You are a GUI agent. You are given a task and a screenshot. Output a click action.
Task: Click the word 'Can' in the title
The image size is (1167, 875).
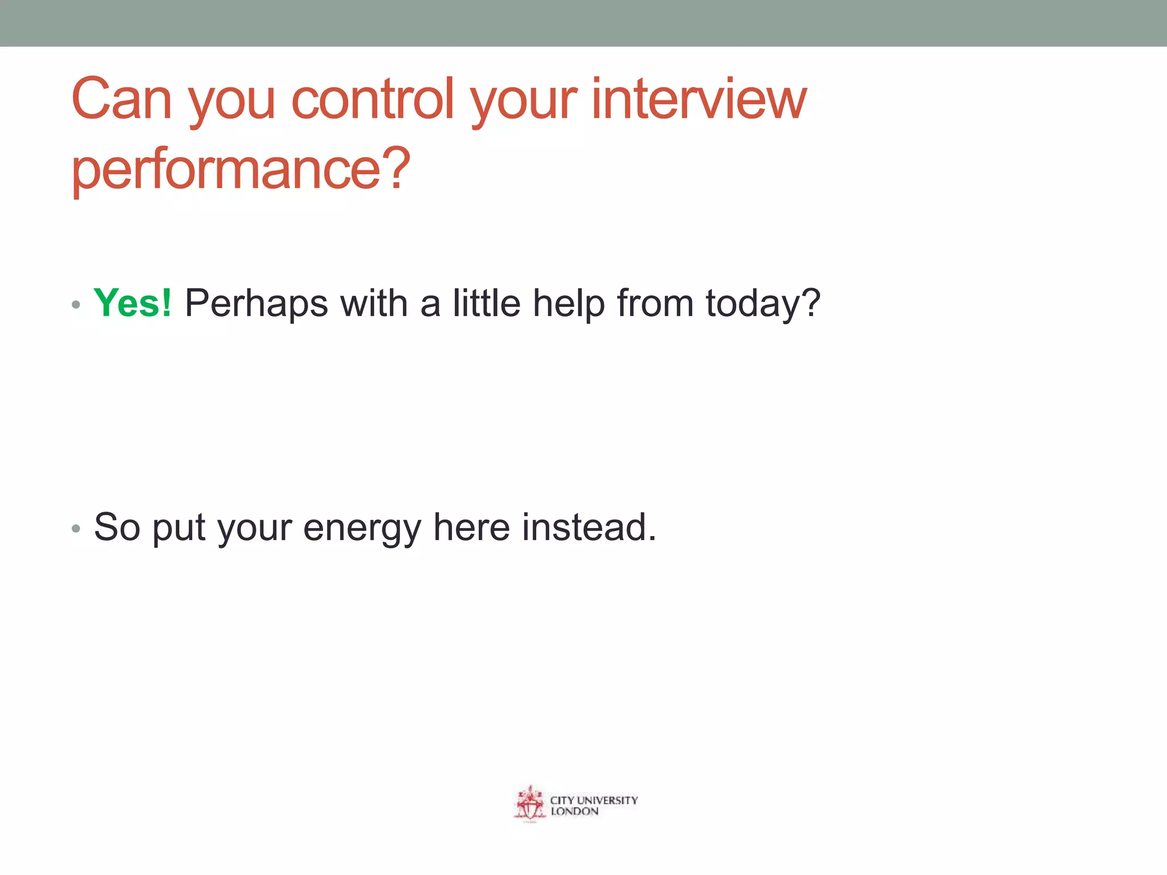(x=121, y=100)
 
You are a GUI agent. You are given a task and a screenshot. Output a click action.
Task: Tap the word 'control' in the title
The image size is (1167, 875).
(x=373, y=100)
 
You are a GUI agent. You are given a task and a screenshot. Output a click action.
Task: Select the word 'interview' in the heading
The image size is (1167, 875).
(x=699, y=100)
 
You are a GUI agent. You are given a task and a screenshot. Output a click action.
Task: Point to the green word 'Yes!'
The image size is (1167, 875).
(x=132, y=303)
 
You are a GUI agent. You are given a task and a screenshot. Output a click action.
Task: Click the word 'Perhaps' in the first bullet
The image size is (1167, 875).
(x=256, y=304)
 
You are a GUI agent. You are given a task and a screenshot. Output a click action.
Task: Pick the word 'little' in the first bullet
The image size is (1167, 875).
(x=487, y=303)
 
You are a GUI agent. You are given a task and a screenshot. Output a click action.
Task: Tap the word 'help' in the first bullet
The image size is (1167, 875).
(x=568, y=304)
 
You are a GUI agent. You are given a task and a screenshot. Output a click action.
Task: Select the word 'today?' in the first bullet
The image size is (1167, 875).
(x=763, y=304)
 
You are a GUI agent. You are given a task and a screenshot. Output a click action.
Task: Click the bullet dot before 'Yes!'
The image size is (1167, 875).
(x=76, y=305)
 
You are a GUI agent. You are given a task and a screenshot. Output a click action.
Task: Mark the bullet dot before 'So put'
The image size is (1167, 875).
(x=76, y=529)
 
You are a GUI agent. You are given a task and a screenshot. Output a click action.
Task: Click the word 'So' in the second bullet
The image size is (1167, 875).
(x=117, y=528)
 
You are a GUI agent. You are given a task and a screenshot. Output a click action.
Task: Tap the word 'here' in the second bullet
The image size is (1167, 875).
(x=471, y=528)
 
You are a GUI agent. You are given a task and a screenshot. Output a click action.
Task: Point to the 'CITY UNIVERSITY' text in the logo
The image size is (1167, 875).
(x=594, y=800)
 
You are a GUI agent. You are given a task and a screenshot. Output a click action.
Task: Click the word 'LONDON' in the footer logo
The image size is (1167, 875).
(x=574, y=812)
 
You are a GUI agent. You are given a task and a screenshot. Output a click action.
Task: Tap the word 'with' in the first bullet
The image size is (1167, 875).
(x=374, y=303)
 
